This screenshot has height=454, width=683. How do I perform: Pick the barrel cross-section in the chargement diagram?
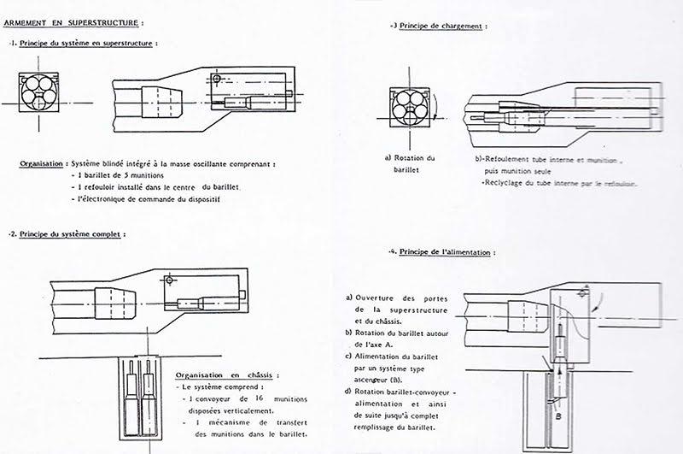pyautogui.click(x=406, y=107)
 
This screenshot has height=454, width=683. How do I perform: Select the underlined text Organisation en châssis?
pyautogui.click(x=225, y=375)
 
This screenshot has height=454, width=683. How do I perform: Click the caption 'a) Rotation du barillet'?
pyautogui.click(x=411, y=164)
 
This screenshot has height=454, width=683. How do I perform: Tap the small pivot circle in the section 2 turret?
pyautogui.click(x=171, y=280)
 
